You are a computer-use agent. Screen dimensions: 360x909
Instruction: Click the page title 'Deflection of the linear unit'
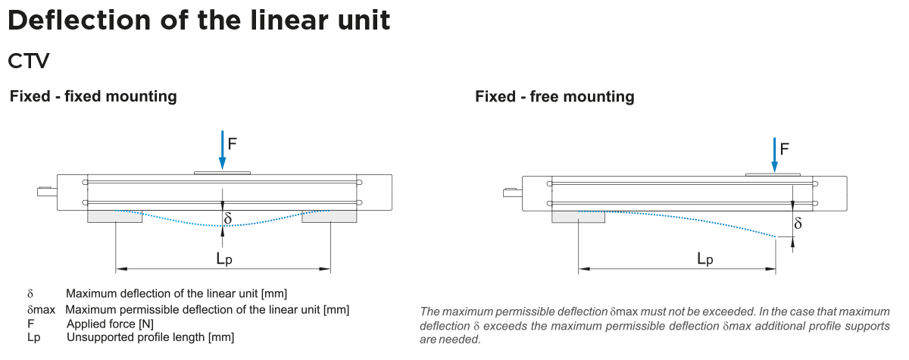198,20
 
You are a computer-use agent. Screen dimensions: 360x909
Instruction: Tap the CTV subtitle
28,59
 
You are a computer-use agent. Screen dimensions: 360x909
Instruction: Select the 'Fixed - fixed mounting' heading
93,96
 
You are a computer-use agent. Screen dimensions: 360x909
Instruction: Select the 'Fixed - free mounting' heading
554,96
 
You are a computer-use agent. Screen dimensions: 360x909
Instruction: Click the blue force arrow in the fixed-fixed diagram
222,149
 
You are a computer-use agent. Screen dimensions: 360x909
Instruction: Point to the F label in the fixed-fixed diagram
233,142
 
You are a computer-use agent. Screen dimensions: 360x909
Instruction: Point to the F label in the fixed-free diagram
784,149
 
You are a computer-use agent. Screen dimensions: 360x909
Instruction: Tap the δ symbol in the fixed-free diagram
798,224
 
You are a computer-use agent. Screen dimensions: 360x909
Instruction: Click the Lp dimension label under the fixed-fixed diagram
223,258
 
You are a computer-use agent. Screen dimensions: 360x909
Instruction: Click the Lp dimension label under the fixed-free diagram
704,258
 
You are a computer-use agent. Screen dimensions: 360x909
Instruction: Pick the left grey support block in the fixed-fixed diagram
115,216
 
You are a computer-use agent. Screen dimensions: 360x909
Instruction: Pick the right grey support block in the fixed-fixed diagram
330,216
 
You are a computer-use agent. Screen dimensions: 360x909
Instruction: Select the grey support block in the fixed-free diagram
578,216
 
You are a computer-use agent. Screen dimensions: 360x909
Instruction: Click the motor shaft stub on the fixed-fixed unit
45,191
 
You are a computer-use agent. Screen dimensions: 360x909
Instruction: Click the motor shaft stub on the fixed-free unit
511,191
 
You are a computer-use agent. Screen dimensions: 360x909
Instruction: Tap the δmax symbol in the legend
41,310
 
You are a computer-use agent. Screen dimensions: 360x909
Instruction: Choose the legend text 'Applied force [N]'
110,324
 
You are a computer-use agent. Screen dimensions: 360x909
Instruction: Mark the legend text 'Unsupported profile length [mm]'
150,337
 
